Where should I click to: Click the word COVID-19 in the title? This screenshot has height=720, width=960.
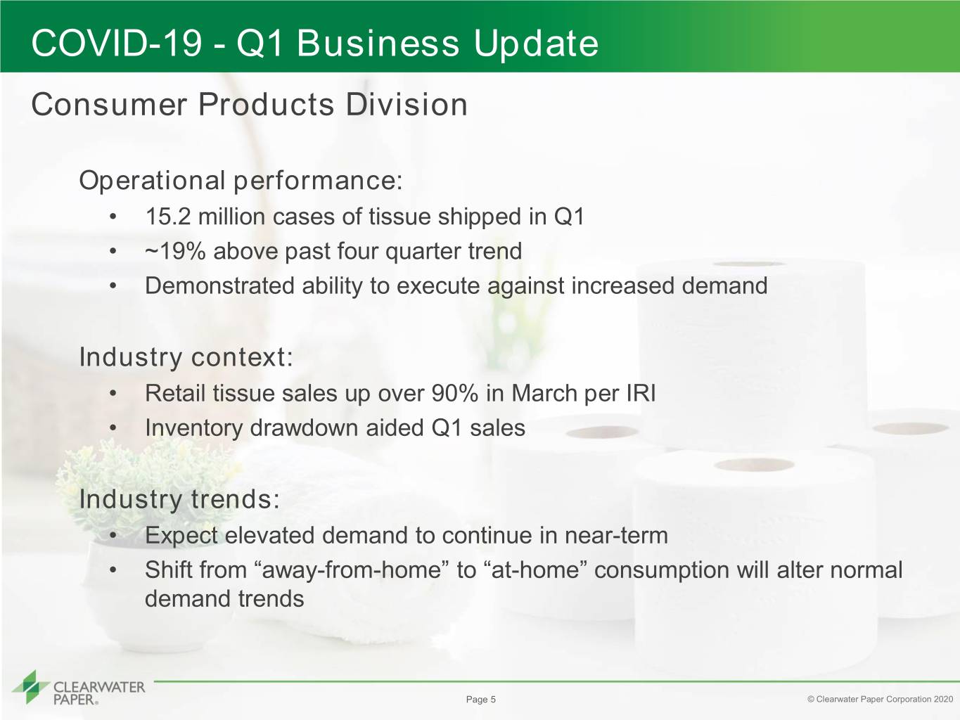117,43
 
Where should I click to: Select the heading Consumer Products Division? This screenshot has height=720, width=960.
249,105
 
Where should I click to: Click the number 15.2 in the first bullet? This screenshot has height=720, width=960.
168,217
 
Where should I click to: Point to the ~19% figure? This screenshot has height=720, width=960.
175,251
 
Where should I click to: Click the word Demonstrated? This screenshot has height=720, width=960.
219,285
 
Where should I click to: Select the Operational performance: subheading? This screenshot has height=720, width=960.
241,181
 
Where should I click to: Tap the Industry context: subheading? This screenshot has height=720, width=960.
186,357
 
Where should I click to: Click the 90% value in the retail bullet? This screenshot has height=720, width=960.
454,393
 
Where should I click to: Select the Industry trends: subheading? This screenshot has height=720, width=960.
179,499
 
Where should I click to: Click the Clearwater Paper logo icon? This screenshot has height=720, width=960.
31,687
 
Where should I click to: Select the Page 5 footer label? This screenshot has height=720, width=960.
480,700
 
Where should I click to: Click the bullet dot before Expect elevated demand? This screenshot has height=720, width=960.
113,536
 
